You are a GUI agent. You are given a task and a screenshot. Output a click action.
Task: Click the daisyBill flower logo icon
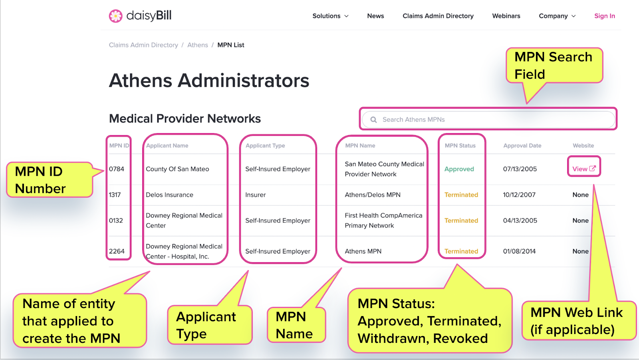tap(115, 16)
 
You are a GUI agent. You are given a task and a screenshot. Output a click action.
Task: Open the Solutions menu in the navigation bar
tap(330, 16)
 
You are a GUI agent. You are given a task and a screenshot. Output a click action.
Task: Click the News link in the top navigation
tap(375, 16)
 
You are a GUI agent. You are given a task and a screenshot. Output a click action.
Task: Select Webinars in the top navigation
tap(506, 16)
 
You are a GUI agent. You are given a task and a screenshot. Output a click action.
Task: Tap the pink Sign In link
tap(605, 16)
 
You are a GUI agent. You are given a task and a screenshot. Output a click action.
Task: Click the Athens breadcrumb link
tap(197, 45)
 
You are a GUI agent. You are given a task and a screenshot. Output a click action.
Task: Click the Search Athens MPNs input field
tap(488, 119)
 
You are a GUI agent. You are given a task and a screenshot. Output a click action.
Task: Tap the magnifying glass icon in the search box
tap(373, 119)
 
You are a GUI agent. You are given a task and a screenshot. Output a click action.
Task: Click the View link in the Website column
tap(583, 169)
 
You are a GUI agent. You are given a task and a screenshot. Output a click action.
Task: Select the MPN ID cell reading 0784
tap(116, 169)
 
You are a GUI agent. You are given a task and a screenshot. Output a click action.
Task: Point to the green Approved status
tap(459, 169)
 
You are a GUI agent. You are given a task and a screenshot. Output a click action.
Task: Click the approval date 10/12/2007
tap(519, 195)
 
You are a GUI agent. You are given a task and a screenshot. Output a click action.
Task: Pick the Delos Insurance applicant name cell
tap(169, 195)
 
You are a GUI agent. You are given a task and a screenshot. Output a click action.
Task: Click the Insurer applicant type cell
tap(255, 195)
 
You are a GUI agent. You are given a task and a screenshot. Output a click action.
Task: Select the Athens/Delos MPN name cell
tap(373, 195)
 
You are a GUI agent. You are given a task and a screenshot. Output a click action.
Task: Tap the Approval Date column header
tap(522, 145)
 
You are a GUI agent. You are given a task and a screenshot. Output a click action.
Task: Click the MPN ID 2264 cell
tap(117, 251)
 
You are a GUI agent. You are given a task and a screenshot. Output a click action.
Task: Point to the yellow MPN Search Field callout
tap(554, 66)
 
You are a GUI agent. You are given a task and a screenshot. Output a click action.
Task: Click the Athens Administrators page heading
tap(209, 80)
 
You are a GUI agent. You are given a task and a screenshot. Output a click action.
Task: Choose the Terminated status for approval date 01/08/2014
tap(461, 251)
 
